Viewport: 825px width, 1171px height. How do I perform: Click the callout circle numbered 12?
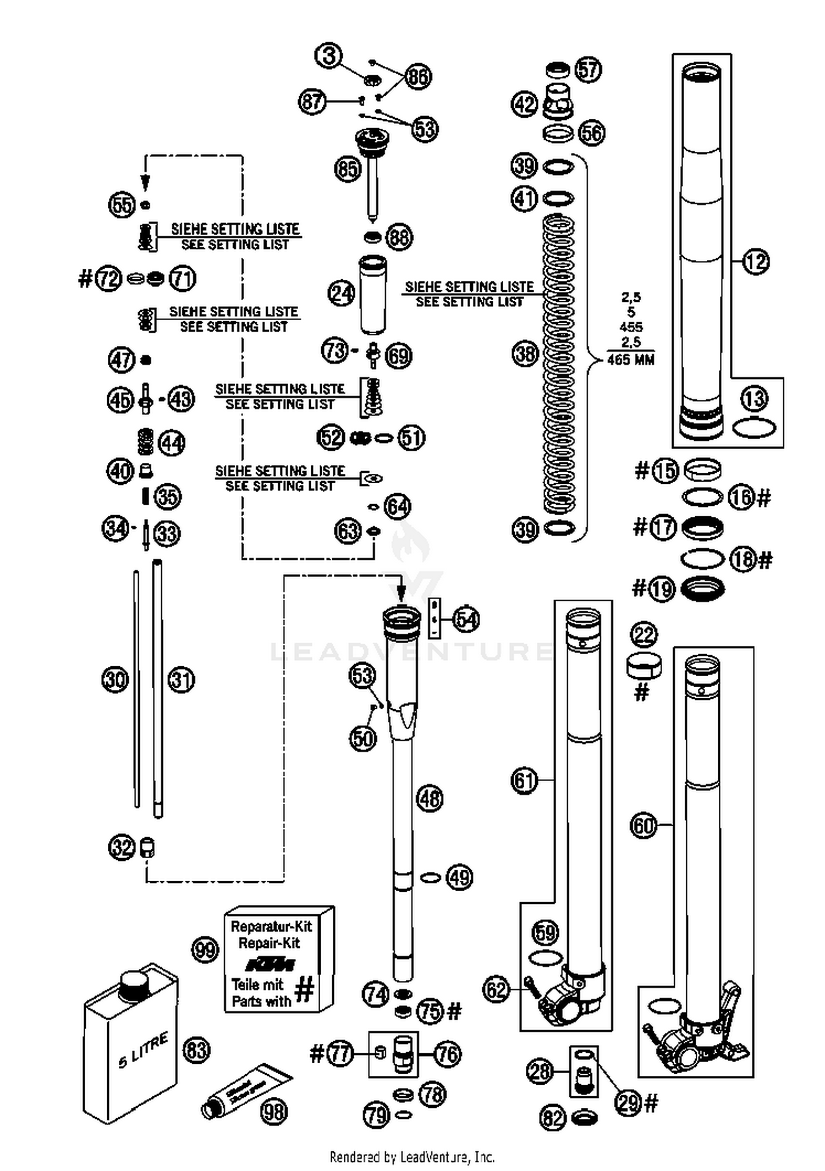pos(756,262)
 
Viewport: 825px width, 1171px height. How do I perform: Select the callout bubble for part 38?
pos(525,353)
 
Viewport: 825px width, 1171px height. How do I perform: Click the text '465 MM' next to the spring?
pos(631,360)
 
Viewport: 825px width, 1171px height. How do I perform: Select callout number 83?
pos(196,1050)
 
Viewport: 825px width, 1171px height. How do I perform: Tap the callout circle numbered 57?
pos(588,70)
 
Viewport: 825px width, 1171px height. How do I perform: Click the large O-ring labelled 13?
pos(755,427)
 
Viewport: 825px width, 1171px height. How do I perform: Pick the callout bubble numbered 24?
pos(342,293)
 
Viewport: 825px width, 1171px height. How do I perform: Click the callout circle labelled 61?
pos(524,780)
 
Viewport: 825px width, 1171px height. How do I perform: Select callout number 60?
pos(643,825)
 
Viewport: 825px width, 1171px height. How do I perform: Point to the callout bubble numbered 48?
pos(430,799)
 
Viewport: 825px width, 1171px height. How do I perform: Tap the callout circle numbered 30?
pos(116,680)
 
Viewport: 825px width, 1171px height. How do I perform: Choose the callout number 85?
pos(348,169)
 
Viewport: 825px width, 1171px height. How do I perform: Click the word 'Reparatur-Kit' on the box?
pos(271,926)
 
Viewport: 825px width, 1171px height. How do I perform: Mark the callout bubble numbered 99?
pos(205,949)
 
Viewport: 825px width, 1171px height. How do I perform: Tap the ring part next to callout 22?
pos(644,667)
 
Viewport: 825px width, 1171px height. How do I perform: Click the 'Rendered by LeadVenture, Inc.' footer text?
pos(412,1157)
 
